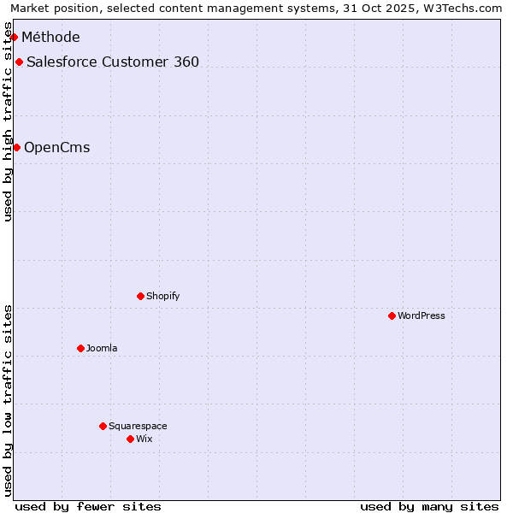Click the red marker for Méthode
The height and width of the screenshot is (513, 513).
[x=14, y=37]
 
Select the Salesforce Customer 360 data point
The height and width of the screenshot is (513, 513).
[x=19, y=62]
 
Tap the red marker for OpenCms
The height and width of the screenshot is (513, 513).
[x=16, y=147]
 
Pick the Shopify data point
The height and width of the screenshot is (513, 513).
[x=140, y=296]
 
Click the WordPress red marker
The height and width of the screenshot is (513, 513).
[x=392, y=315]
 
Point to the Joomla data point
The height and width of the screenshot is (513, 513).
[x=80, y=348]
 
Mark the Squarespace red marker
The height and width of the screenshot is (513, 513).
[x=103, y=426]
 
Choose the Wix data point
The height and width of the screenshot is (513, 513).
[x=130, y=439]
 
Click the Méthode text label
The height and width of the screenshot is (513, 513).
[x=50, y=37]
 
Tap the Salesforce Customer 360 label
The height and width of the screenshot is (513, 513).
[x=113, y=62]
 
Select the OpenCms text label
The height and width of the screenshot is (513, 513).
[x=56, y=147]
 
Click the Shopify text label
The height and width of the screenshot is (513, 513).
[x=162, y=296]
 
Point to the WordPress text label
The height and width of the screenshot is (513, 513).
[x=422, y=315]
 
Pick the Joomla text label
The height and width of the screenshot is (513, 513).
[x=102, y=348]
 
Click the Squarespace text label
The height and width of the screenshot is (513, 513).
[x=138, y=426]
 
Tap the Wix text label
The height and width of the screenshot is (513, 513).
[x=144, y=439]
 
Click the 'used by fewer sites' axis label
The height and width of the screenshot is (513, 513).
[x=88, y=506]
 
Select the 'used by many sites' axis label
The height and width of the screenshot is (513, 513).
[x=429, y=506]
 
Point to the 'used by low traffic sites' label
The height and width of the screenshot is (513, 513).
[x=8, y=399]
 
